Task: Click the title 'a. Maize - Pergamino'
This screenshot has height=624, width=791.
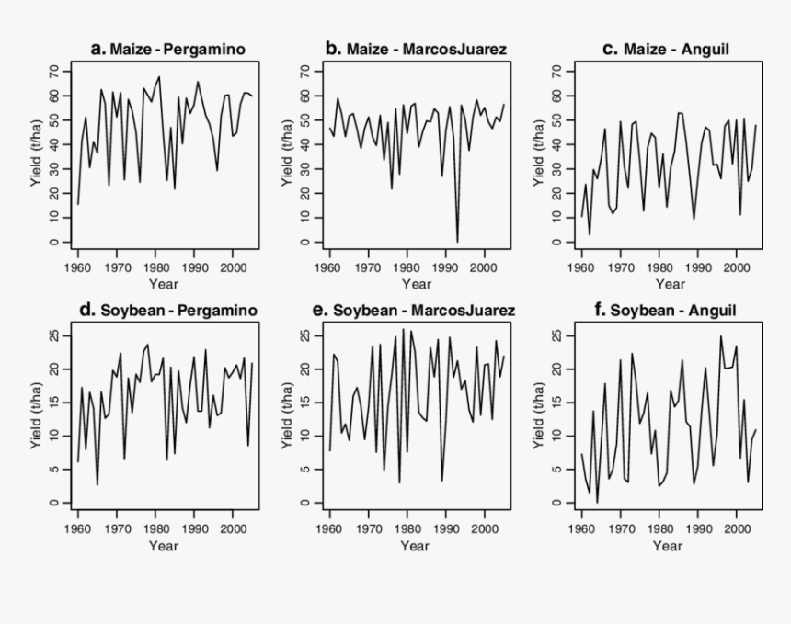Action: coord(167,50)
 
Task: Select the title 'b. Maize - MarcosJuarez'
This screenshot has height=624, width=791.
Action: coord(416,49)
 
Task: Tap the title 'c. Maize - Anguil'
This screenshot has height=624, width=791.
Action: coord(666,49)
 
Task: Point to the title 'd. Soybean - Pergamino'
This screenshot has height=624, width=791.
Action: coord(167,310)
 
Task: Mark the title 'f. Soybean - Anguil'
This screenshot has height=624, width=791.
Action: coord(666,310)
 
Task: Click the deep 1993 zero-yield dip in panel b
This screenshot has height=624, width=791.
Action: coord(457,241)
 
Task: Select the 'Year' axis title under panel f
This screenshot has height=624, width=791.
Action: coord(667,546)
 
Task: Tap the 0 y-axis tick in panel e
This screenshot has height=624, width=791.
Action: coord(306,503)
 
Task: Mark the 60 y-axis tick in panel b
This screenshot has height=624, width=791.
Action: coord(306,96)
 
